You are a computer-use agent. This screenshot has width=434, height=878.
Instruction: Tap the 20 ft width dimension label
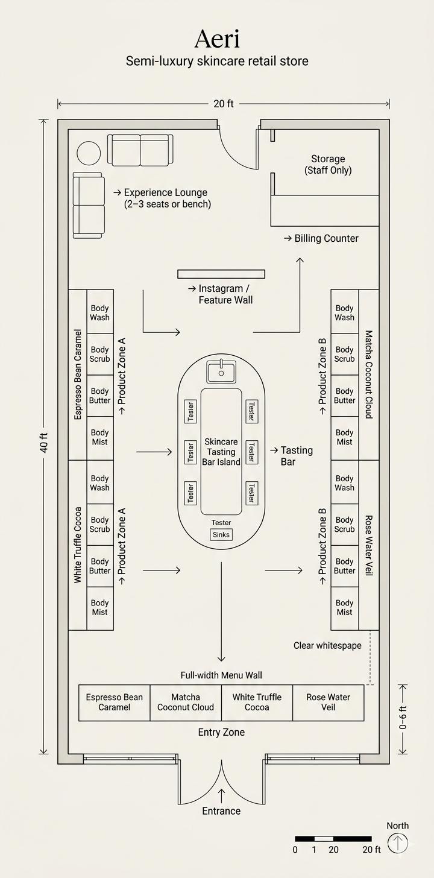pyautogui.click(x=223, y=104)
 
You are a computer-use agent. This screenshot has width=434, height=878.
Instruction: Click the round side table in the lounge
pyautogui.click(x=89, y=153)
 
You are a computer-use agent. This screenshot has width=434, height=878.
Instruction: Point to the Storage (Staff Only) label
pyautogui.click(x=328, y=165)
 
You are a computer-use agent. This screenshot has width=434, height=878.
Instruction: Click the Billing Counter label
pyautogui.click(x=326, y=239)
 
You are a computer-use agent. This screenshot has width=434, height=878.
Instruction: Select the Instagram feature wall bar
pyautogui.click(x=221, y=274)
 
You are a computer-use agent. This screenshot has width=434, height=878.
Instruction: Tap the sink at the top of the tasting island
pyautogui.click(x=221, y=371)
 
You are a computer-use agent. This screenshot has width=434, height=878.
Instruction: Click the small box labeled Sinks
pyautogui.click(x=221, y=535)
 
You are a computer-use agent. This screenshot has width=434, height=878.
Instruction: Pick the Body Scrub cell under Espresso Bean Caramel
pyautogui.click(x=100, y=354)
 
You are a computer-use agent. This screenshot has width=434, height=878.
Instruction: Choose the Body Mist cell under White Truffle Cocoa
pyautogui.click(x=100, y=607)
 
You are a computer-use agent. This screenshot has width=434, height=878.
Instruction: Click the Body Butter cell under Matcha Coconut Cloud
pyautogui.click(x=345, y=396)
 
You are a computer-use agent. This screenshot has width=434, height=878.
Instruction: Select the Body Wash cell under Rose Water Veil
pyautogui.click(x=345, y=483)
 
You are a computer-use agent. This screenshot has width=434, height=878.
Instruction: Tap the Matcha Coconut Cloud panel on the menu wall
pyautogui.click(x=186, y=703)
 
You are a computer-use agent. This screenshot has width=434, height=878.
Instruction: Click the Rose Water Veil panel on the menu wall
pyautogui.click(x=328, y=703)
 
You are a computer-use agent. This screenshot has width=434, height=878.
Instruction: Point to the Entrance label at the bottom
pyautogui.click(x=221, y=811)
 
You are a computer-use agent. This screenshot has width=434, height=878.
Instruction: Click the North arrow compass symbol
pyautogui.click(x=398, y=843)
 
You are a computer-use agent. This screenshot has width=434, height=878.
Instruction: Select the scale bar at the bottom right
pyautogui.click(x=333, y=839)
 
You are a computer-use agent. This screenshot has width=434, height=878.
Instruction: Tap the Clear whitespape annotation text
pyautogui.click(x=327, y=646)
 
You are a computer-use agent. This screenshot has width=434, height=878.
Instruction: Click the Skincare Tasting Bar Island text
pyautogui.click(x=221, y=452)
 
